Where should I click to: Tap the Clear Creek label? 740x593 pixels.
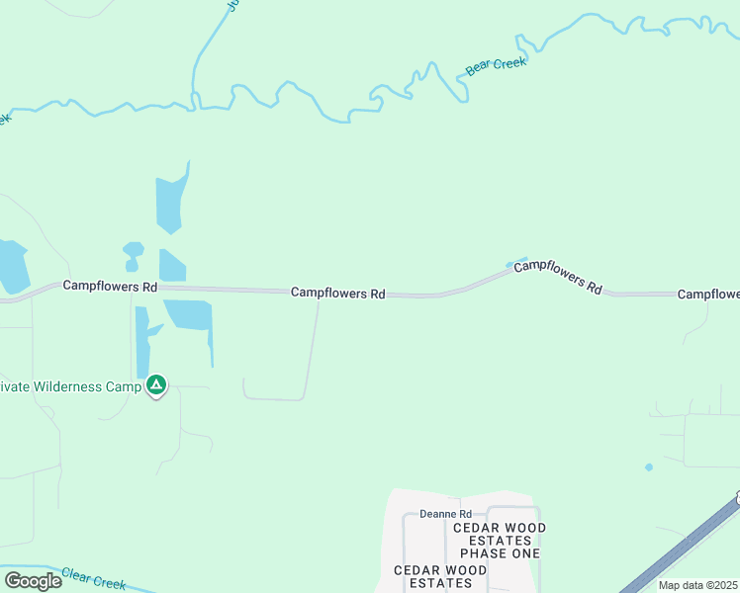94,578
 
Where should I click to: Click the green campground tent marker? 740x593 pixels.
156,385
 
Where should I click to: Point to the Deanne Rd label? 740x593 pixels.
445,514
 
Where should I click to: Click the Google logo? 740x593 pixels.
33,581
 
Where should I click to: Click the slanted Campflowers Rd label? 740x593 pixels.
559,276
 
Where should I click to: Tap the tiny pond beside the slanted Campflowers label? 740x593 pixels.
515,262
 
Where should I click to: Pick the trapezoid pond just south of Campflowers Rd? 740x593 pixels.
190,314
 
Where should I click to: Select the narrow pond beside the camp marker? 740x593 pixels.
142,341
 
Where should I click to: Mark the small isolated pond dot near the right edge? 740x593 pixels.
649,466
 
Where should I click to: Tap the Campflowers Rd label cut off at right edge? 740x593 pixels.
708,295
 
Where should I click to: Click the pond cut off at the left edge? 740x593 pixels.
12,267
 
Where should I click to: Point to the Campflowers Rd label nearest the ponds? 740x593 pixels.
110,287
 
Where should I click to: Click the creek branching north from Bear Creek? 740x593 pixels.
203,49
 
